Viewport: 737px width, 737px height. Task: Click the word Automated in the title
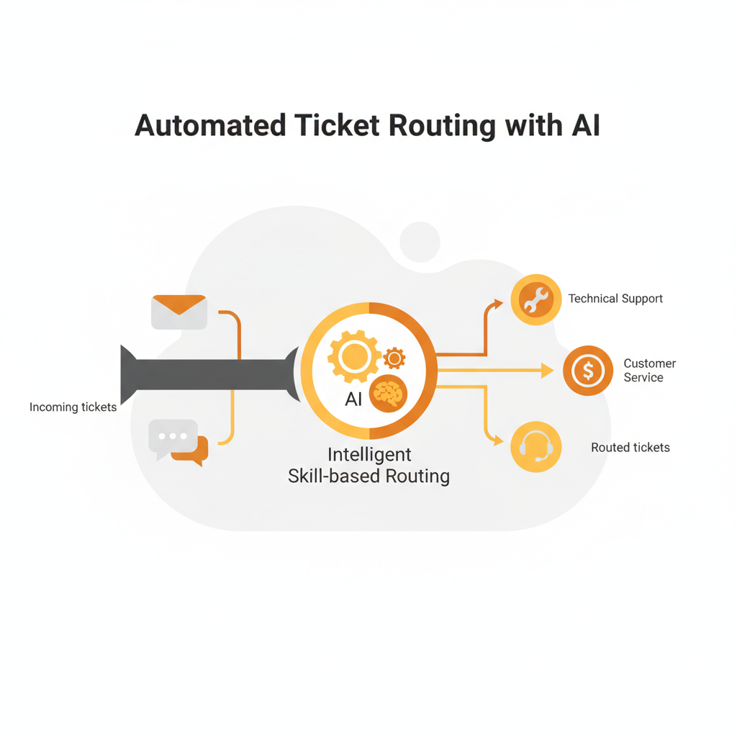click(209, 125)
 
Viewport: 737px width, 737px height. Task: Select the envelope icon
click(179, 312)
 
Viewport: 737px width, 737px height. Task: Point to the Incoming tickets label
click(73, 407)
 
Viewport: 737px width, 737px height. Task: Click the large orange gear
click(353, 356)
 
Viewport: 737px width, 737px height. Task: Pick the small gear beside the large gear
click(394, 358)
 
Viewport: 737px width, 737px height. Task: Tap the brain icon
click(389, 394)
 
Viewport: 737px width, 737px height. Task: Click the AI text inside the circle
click(353, 399)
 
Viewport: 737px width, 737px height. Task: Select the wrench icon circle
click(536, 299)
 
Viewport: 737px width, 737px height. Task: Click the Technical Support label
click(615, 298)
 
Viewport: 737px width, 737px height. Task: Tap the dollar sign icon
click(588, 371)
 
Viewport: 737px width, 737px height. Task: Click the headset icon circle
click(536, 447)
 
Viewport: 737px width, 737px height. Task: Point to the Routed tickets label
click(630, 448)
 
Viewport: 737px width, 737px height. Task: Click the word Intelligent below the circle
click(369, 455)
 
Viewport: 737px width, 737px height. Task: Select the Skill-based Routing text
click(368, 476)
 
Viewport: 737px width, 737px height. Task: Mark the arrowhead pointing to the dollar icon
click(548, 371)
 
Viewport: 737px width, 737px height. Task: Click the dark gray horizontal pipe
click(209, 374)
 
